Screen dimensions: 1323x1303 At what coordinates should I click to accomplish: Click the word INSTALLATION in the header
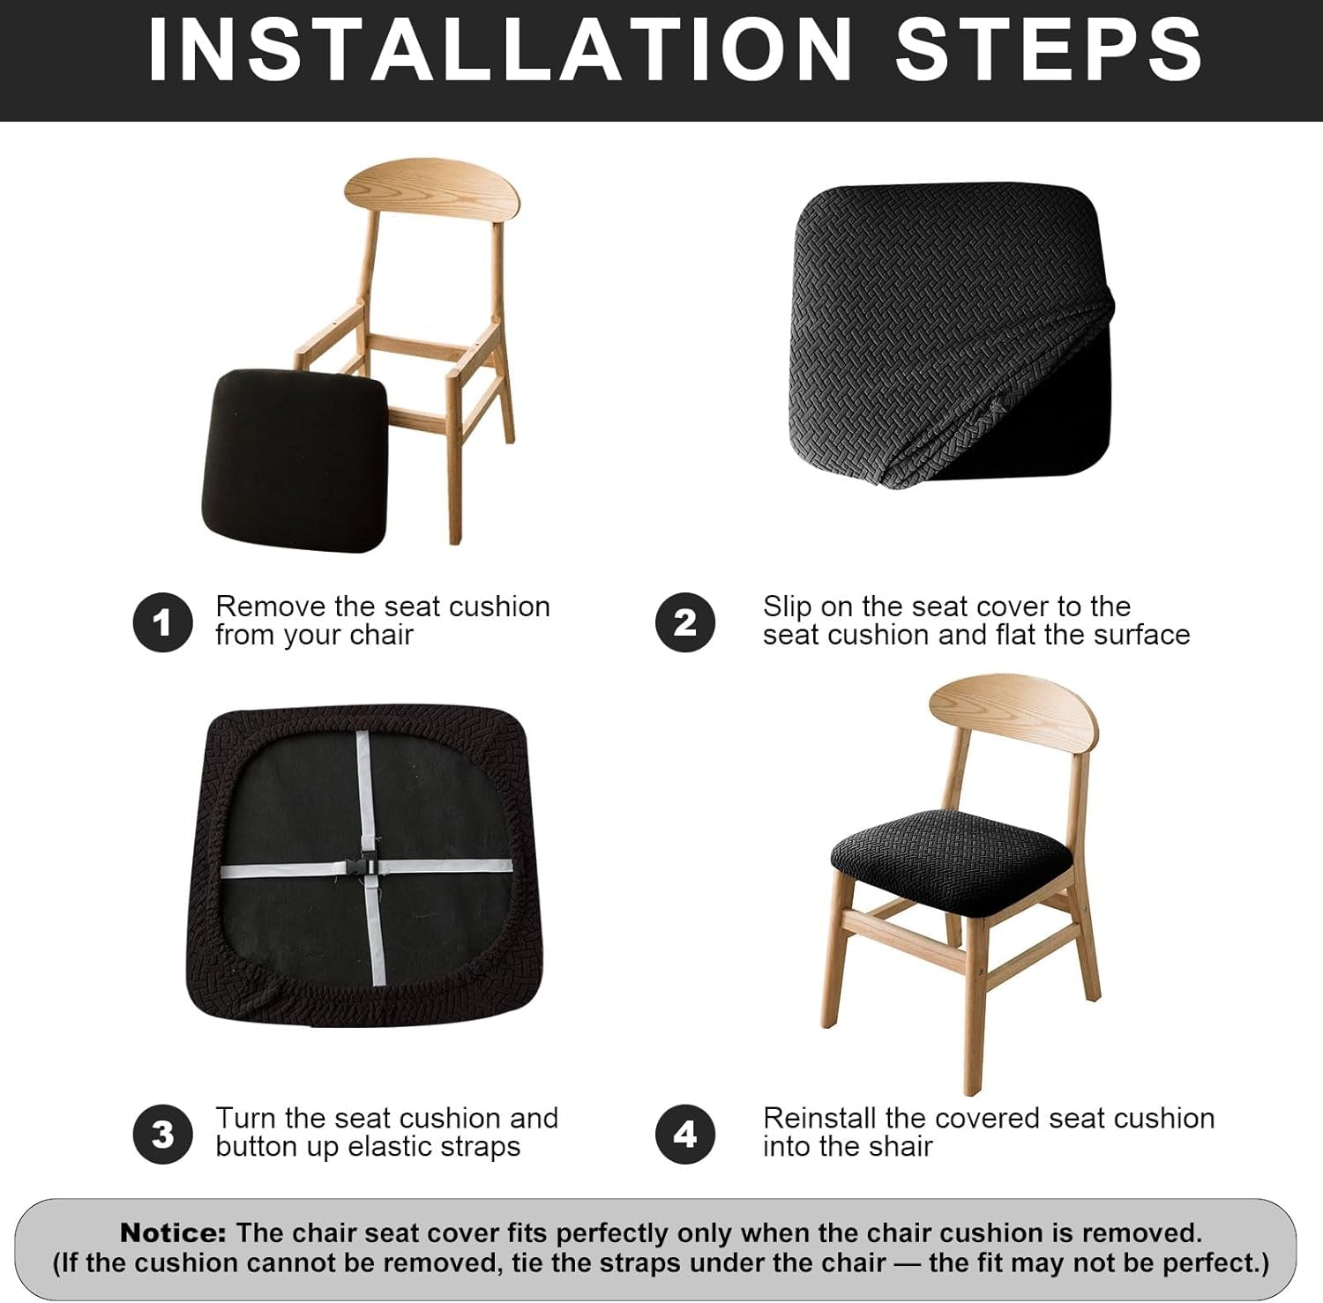click(500, 50)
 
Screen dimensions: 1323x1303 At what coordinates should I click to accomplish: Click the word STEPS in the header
click(1049, 50)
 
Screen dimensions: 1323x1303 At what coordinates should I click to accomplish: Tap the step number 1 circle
click(162, 622)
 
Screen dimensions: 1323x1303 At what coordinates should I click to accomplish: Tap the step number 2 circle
click(685, 622)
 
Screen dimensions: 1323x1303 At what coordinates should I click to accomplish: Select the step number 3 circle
click(162, 1134)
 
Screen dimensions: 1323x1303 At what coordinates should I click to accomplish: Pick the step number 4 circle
click(685, 1134)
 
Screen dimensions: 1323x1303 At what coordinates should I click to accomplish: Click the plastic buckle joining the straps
click(368, 868)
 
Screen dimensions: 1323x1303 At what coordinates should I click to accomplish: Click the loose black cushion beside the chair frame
click(295, 460)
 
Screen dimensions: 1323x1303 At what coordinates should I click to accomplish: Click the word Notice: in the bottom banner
click(174, 1232)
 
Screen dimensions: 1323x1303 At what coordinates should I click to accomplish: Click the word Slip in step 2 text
click(787, 607)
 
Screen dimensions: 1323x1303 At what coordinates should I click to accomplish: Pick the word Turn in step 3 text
click(246, 1118)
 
